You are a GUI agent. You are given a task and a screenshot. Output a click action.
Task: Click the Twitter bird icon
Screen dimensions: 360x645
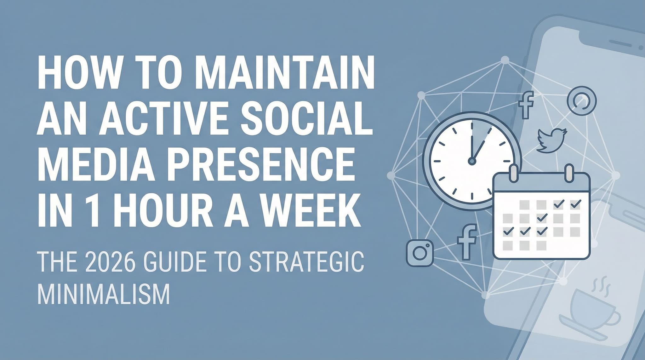551,140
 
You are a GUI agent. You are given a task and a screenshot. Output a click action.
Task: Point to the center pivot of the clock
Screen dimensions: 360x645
471,162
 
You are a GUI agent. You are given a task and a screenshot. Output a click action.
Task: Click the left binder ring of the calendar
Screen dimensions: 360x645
513,173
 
